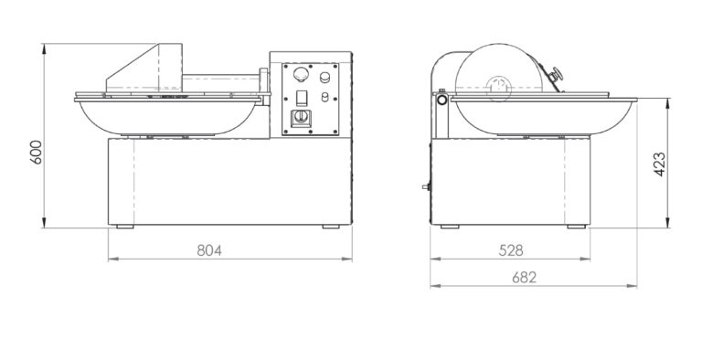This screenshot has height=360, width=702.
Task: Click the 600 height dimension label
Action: (36, 153)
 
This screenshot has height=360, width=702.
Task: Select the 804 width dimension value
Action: (209, 250)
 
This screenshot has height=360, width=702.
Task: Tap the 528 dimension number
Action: (511, 250)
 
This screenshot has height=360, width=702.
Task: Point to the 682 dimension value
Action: (525, 278)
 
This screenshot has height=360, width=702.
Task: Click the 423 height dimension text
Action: (659, 164)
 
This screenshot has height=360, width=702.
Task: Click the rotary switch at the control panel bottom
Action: (301, 118)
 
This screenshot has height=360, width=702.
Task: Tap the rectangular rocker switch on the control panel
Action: (303, 97)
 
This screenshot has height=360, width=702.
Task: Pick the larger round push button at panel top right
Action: (324, 78)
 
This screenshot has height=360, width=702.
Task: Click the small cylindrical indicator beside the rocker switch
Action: (325, 97)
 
